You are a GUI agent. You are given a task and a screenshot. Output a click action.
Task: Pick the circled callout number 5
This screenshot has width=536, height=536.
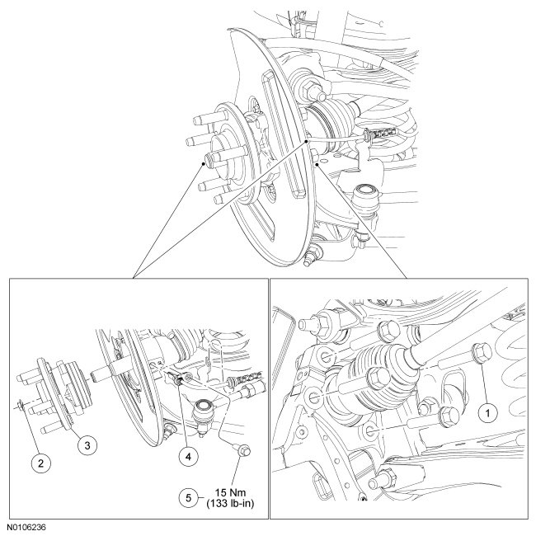coord(189,497)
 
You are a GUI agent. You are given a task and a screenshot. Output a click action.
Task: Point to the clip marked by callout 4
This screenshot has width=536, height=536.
coord(176,378)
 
